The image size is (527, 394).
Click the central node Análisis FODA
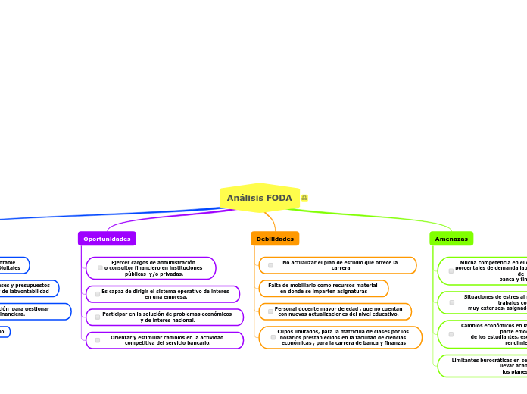pyautogui.click(x=259, y=198)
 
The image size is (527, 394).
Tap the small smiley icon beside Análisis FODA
pyautogui.click(x=304, y=198)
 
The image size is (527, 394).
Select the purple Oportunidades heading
pyautogui.click(x=107, y=239)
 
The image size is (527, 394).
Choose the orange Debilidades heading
pyautogui.click(x=275, y=239)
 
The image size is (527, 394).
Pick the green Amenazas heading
pyautogui.click(x=451, y=239)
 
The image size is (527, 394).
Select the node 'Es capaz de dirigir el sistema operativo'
pyautogui.click(x=164, y=294)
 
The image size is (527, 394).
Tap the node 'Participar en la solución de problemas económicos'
pyautogui.click(x=165, y=317)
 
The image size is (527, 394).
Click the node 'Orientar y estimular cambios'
pyautogui.click(x=165, y=340)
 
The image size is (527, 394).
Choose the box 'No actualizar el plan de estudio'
pyautogui.click(x=338, y=265)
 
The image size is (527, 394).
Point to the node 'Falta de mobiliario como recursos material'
pyautogui.click(x=323, y=289)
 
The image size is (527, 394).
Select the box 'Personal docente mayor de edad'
pyautogui.click(x=336, y=311)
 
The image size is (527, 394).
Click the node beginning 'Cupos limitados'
pyautogui.click(x=341, y=337)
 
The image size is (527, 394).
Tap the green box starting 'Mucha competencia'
pyautogui.click(x=485, y=270)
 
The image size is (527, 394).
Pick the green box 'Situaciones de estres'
pyautogui.click(x=485, y=302)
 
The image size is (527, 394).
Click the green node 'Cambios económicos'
pyautogui.click(x=485, y=334)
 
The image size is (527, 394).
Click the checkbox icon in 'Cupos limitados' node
pyautogui.click(x=273, y=337)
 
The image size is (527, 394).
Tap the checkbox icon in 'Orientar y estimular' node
pyautogui.click(x=98, y=340)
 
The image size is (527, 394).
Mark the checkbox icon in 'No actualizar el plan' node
pyautogui.click(x=270, y=265)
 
